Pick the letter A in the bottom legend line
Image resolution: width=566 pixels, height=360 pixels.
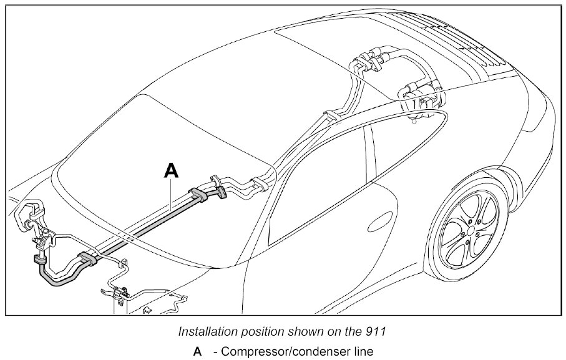(197, 351)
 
